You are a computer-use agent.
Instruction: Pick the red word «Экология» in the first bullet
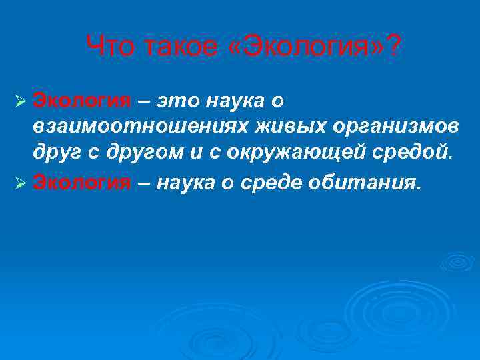pyautogui.click(x=83, y=101)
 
